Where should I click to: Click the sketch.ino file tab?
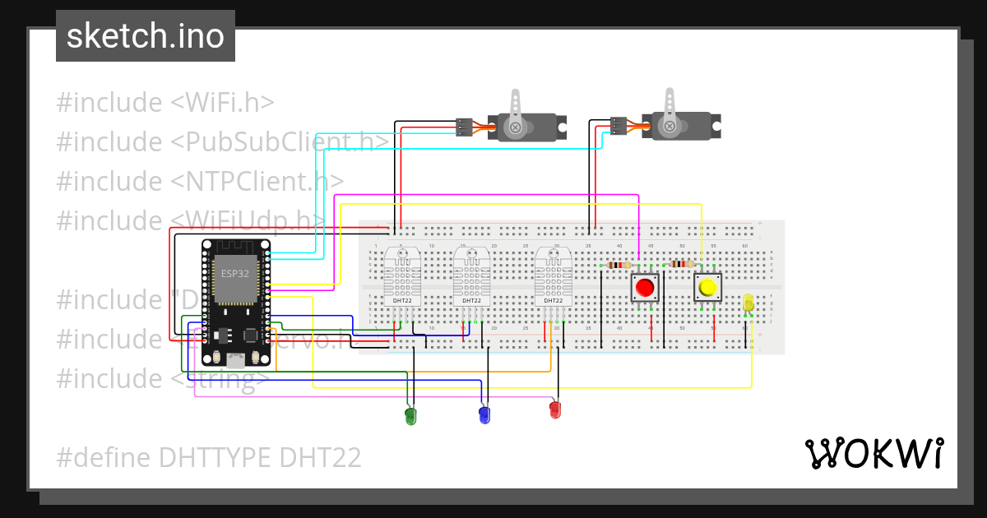point(146,36)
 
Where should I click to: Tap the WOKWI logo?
point(873,453)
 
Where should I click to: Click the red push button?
point(645,288)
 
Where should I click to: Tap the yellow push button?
point(707,288)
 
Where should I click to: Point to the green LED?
point(411,416)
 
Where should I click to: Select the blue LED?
point(484,414)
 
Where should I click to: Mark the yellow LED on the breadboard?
point(748,303)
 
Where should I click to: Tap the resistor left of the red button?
point(618,265)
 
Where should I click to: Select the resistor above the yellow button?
point(682,264)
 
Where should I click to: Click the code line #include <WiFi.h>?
point(164,103)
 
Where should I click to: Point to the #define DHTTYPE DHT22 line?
point(208,457)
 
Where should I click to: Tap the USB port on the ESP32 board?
point(236,359)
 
